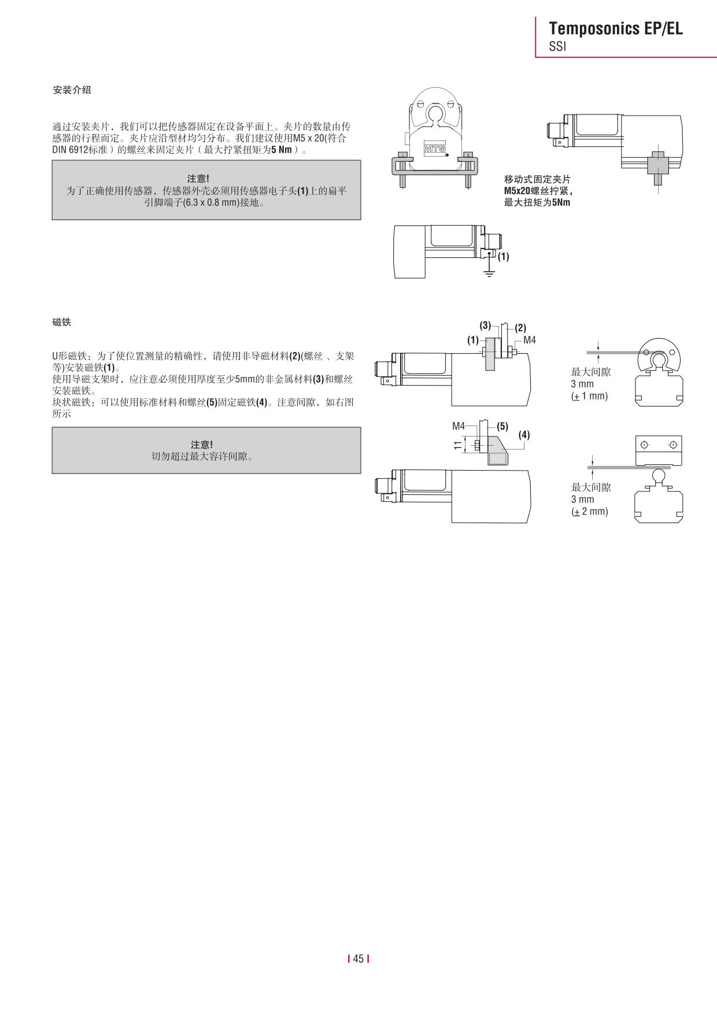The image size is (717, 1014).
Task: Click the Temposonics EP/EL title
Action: coord(615,28)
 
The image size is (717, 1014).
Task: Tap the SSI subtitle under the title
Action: coord(557,47)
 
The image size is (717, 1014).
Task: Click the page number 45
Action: coord(358,959)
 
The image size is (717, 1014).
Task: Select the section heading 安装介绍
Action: coord(72,90)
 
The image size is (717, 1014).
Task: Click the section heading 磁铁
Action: coord(62,322)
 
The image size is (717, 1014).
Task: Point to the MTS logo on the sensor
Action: coord(435,149)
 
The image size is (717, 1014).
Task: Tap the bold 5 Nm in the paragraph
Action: coord(282,150)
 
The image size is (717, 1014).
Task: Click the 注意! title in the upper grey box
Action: coord(198,179)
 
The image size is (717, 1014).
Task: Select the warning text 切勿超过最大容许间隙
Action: coord(202,456)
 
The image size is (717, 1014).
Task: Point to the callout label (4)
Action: coord(524,435)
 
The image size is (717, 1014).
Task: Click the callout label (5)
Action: coord(502,426)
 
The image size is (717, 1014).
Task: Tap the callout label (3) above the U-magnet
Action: coord(485,325)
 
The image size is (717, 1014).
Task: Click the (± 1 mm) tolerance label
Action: coord(589,396)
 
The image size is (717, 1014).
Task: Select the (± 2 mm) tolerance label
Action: coord(589,512)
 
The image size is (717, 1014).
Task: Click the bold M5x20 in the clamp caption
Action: coord(518,191)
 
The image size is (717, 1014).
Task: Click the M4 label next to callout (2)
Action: coord(530,340)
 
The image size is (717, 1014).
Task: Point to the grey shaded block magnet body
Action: coord(497,458)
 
